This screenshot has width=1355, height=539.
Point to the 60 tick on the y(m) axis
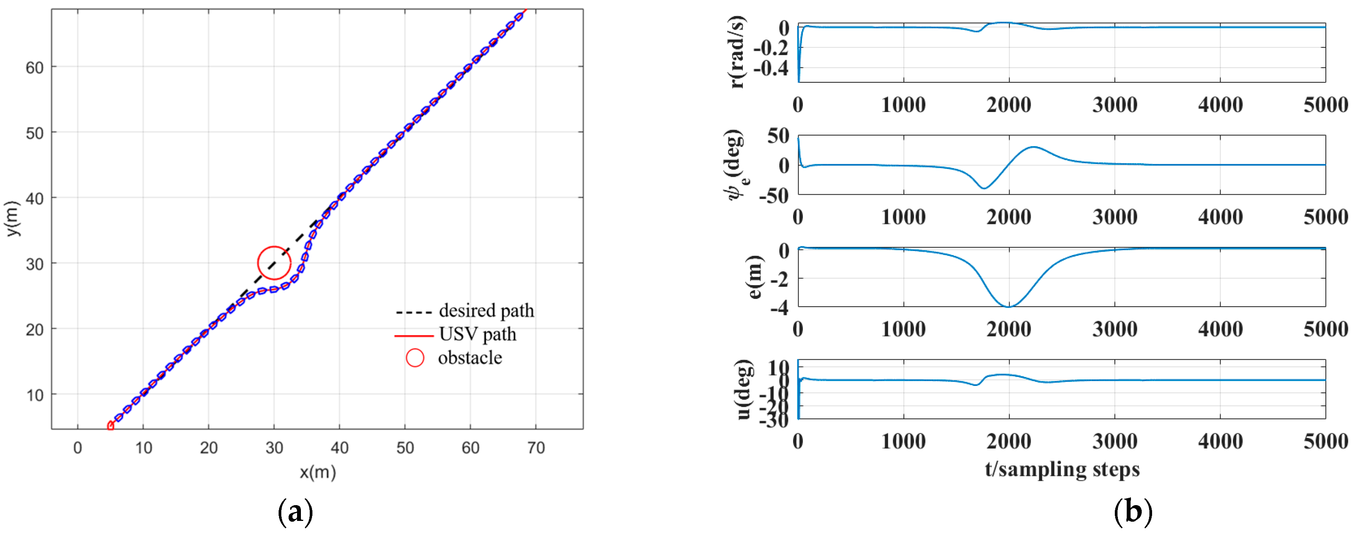click(35, 67)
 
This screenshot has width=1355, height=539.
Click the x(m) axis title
click(318, 472)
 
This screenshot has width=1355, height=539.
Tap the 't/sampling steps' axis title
click(1062, 469)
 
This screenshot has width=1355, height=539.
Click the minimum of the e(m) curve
click(1008, 306)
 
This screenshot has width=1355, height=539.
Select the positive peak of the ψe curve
click(1034, 147)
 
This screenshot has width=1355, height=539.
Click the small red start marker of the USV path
click(110, 426)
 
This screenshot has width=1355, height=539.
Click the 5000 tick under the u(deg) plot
click(1325, 441)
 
